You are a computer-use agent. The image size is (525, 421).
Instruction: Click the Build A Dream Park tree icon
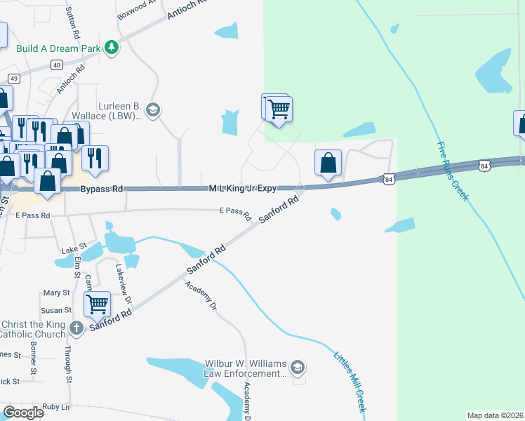click(111, 48)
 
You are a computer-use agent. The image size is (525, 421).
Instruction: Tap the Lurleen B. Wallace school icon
click(152, 109)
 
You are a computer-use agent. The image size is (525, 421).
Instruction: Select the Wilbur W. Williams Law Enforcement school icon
click(298, 368)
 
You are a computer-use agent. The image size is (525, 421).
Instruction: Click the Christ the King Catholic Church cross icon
click(77, 328)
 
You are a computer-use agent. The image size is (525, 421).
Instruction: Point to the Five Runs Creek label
click(451, 171)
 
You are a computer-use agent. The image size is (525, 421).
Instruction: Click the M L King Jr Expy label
click(242, 188)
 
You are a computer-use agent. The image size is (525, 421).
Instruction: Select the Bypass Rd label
click(102, 189)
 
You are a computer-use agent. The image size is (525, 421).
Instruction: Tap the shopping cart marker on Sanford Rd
click(97, 304)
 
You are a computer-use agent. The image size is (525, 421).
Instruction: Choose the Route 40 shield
click(57, 65)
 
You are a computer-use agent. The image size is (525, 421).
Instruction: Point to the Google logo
click(23, 413)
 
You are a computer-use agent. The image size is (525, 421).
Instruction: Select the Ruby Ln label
click(56, 407)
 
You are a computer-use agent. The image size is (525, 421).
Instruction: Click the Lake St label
click(73, 248)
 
